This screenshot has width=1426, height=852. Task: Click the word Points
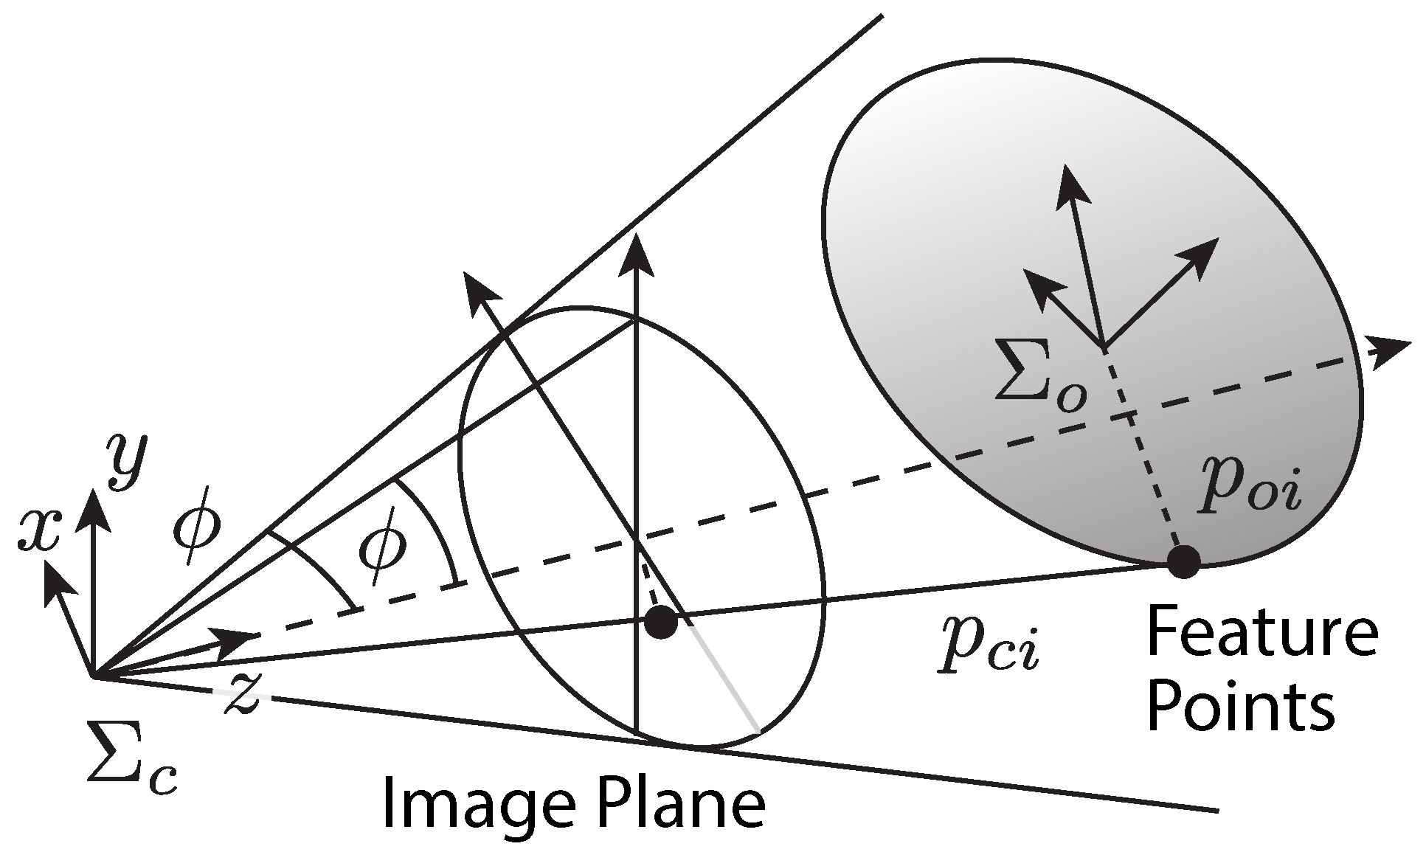coord(1240,706)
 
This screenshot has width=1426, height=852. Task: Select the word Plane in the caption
coord(674,806)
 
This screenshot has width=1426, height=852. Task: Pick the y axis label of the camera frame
coord(128,460)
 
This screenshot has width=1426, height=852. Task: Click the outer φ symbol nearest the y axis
coord(196,524)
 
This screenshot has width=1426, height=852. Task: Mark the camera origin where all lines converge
coord(92,675)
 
